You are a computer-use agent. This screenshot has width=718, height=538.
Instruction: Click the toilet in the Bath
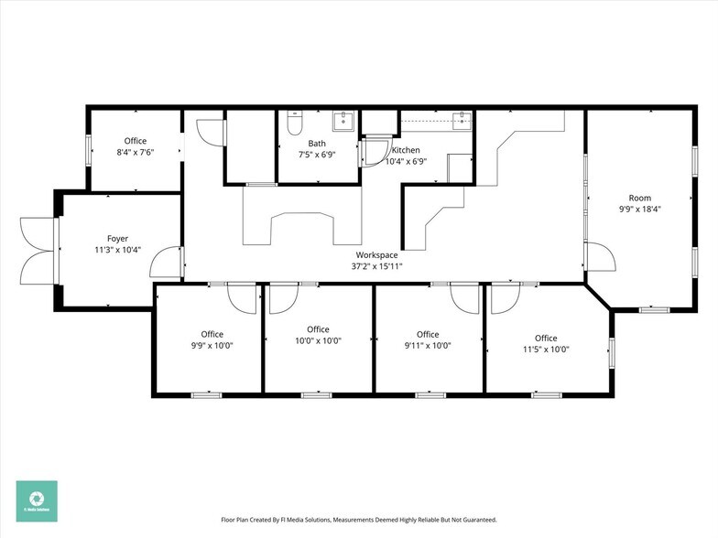pos(293,124)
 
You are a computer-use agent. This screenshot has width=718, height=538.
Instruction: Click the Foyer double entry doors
pos(38,250)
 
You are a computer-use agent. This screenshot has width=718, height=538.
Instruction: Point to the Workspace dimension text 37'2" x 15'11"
pos(377,266)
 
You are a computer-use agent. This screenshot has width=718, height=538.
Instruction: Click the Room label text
pos(639,198)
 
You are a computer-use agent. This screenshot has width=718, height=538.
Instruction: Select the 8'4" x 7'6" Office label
pos(135,152)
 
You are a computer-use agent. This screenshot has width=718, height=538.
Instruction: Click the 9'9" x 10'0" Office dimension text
pos(212,345)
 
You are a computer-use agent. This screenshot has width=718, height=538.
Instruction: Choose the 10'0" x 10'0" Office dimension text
pos(318,340)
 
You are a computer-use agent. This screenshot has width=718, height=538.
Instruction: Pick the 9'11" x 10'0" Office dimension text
pos(428,345)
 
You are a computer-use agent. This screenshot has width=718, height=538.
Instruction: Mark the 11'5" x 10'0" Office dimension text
pos(546,349)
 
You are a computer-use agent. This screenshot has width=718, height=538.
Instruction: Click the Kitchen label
pos(407,150)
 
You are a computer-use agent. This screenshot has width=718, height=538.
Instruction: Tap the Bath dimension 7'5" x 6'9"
pos(317,155)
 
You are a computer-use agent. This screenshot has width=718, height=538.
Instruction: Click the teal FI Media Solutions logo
pos(36,500)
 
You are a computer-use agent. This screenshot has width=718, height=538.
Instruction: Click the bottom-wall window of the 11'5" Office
pos(547,395)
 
